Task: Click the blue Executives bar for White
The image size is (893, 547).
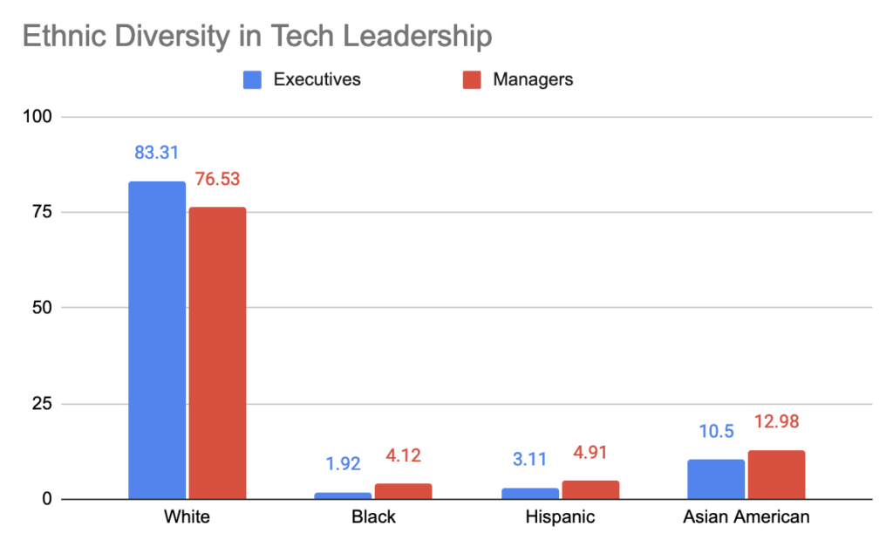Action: point(157,340)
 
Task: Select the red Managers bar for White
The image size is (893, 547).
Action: point(217,353)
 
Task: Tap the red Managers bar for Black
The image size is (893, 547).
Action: point(403,491)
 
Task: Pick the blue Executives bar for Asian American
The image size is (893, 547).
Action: point(716,479)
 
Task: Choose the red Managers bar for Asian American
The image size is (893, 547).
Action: point(776,475)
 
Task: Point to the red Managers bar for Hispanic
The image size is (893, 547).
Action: point(590,489)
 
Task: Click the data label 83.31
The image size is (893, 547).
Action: point(156,153)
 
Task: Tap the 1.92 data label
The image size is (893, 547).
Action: point(343,463)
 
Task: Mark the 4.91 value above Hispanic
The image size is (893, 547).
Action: point(590,452)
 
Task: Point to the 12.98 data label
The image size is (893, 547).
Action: point(776,421)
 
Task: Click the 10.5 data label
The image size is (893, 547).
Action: point(716,432)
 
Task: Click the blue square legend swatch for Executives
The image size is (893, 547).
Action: point(252,79)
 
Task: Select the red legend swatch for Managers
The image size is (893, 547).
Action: point(471,79)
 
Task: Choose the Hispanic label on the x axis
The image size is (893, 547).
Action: point(560,516)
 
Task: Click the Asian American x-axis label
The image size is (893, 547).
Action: point(746,516)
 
